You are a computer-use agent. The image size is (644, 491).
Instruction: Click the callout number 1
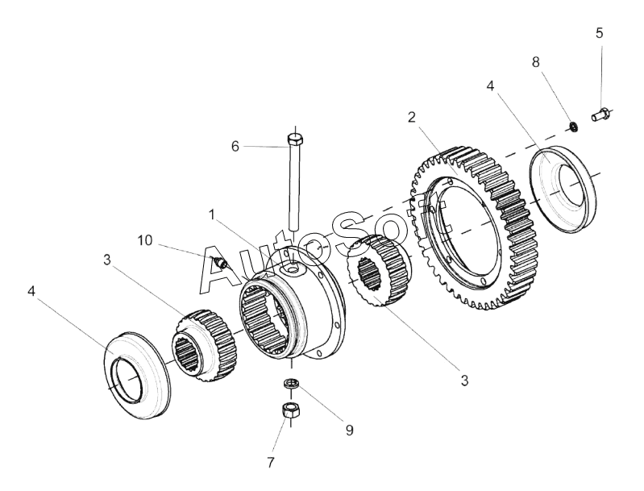pos(211,215)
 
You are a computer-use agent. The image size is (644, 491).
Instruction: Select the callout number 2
pos(411,118)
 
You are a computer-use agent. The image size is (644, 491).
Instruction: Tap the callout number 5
pos(599,33)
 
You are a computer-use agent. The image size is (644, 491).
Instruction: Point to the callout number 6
pos(235,146)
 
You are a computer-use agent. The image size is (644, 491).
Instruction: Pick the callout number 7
pos(271,463)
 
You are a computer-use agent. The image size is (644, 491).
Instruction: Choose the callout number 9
pos(350,431)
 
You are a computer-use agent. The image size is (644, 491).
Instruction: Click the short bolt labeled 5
pos(600,114)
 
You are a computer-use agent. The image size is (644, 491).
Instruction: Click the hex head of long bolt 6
pos(293,143)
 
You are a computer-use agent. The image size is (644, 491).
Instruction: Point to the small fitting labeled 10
pos(220,262)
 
